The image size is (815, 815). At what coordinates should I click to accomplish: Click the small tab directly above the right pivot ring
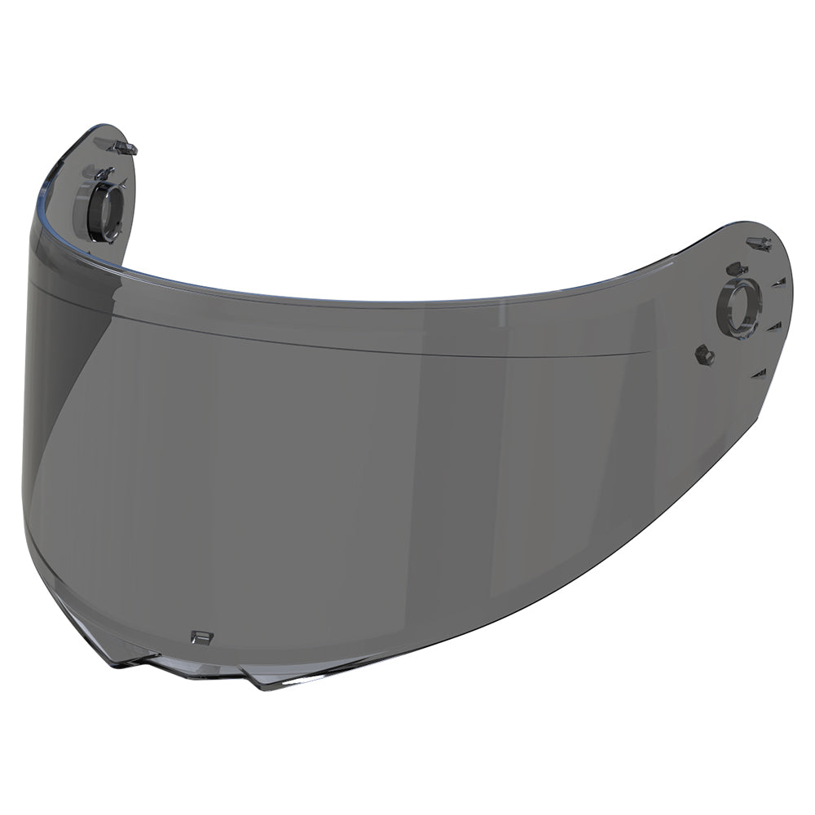click(736, 268)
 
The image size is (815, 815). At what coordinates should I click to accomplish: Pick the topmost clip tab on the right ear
click(760, 242)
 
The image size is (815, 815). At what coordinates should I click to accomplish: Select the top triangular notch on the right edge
click(779, 282)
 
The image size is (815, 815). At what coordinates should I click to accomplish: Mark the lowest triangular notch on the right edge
click(760, 373)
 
